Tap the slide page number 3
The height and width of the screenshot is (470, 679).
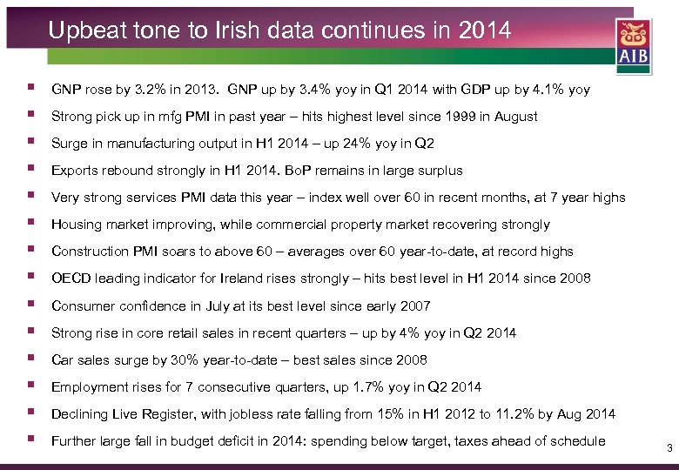coord(669,448)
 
